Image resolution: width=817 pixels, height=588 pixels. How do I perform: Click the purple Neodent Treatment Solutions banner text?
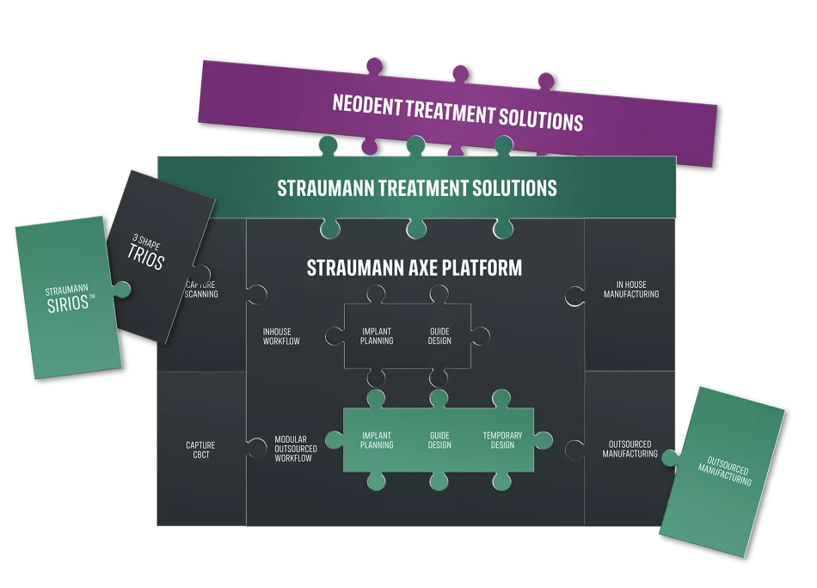458,112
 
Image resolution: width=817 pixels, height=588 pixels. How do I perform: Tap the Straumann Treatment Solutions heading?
416,187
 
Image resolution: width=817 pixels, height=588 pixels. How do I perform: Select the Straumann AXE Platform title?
414,268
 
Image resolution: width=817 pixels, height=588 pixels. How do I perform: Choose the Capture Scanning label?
202,290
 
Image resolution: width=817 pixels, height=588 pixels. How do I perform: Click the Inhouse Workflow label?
282,336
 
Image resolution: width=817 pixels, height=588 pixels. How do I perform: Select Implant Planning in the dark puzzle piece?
377,335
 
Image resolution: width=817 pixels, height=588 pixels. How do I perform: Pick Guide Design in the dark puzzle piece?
439,335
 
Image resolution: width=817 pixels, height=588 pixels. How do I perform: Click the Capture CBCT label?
200,450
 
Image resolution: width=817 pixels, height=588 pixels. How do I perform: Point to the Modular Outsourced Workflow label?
295,449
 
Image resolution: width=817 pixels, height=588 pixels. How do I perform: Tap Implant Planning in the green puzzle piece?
377,440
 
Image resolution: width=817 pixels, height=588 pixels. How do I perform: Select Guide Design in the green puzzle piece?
439,440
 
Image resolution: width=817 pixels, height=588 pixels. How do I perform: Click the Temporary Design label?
501,440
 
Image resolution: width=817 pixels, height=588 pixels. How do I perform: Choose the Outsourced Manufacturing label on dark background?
631,450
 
